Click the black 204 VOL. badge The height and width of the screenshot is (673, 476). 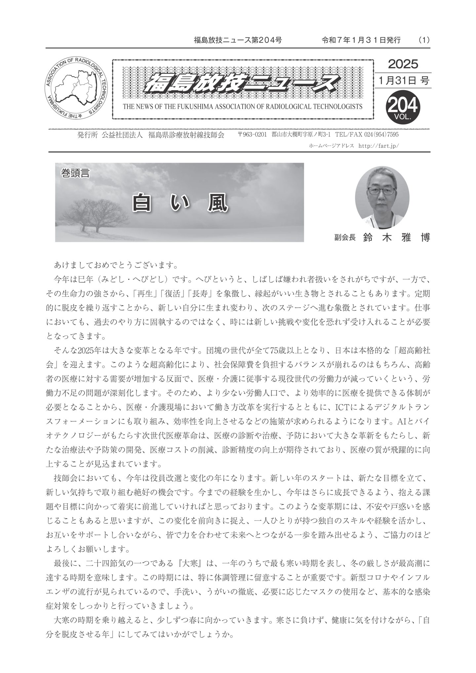tap(403, 107)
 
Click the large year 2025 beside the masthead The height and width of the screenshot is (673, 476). tap(403, 64)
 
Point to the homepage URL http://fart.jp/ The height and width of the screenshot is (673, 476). tap(378, 145)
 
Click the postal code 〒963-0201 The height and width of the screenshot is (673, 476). tap(252, 135)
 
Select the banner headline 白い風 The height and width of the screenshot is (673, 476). tap(180, 203)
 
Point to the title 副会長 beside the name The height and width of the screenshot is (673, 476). tap(345, 238)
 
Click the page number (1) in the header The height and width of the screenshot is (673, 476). tap(424, 40)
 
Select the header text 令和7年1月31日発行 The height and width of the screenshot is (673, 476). tap(361, 40)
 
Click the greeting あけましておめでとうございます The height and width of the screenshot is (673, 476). tap(116, 265)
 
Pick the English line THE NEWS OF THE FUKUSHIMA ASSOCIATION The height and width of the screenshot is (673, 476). tap(243, 107)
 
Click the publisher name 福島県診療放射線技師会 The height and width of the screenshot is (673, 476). tap(186, 135)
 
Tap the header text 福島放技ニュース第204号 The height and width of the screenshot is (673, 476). tap(238, 40)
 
